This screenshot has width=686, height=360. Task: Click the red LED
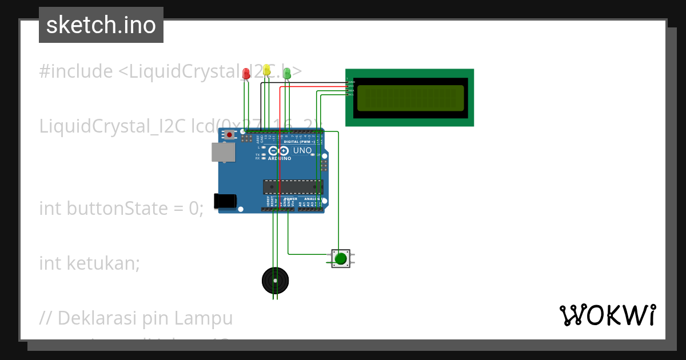click(x=246, y=73)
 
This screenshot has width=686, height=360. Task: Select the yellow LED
click(x=266, y=70)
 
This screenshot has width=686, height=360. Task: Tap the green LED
click(x=287, y=73)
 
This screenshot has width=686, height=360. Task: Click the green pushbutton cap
click(x=341, y=259)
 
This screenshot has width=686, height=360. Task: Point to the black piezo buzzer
click(x=275, y=281)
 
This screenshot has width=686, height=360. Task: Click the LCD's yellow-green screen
click(x=410, y=98)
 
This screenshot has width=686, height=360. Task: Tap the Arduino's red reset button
click(x=230, y=135)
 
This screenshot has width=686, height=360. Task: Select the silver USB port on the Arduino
click(x=223, y=152)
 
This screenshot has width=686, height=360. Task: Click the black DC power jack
click(x=225, y=201)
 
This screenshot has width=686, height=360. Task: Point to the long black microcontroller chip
click(x=293, y=187)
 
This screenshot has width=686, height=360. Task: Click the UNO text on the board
click(x=302, y=151)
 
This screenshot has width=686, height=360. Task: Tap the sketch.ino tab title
click(x=101, y=25)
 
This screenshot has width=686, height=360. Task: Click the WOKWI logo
click(x=607, y=315)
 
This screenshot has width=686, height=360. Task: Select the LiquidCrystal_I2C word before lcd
click(x=112, y=126)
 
